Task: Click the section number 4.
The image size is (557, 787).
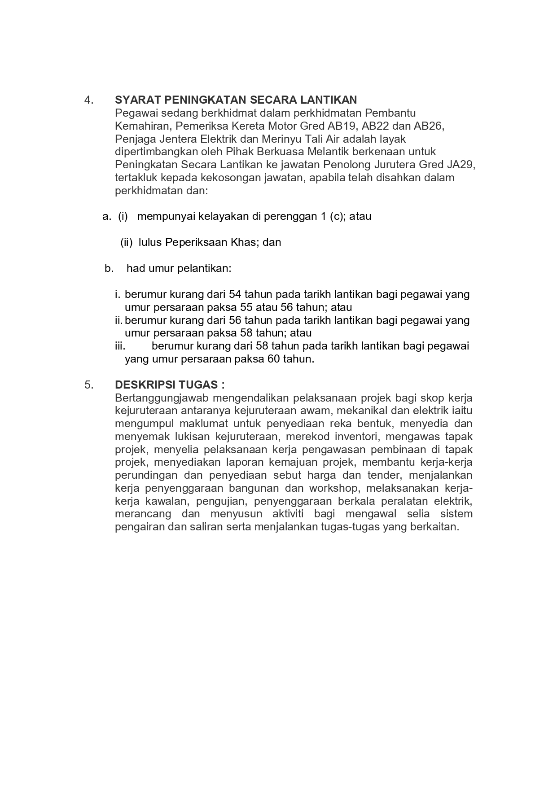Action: [88, 100]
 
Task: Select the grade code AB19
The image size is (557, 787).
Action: [342, 126]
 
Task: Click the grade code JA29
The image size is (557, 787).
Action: [460, 165]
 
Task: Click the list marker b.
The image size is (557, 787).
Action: [109, 268]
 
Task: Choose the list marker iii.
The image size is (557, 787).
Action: [119, 346]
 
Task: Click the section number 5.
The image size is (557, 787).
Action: [88, 385]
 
